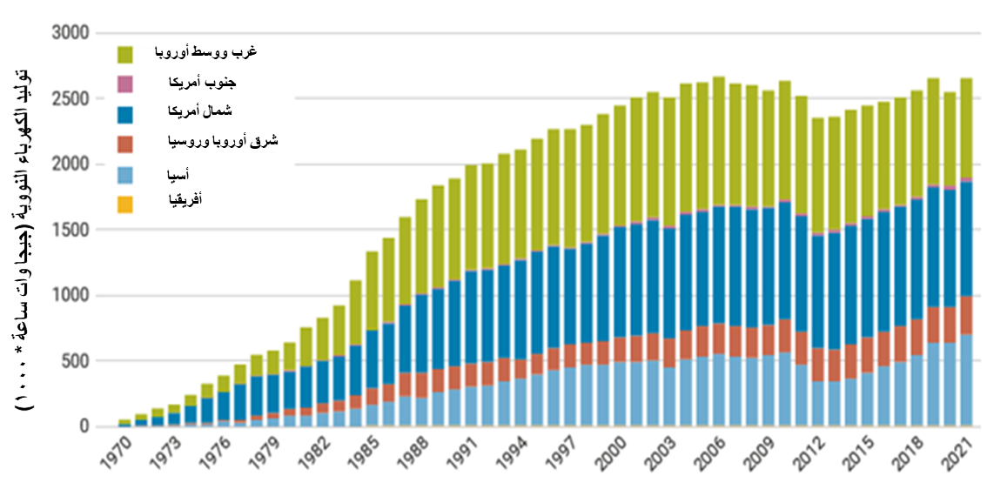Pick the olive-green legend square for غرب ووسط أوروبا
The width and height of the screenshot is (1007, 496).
pos(124,55)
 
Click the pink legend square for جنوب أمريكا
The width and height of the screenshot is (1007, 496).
pos(124,84)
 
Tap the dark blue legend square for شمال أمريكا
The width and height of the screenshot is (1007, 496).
pos(124,114)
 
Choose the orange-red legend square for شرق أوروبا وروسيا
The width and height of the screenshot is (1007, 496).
pos(124,144)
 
